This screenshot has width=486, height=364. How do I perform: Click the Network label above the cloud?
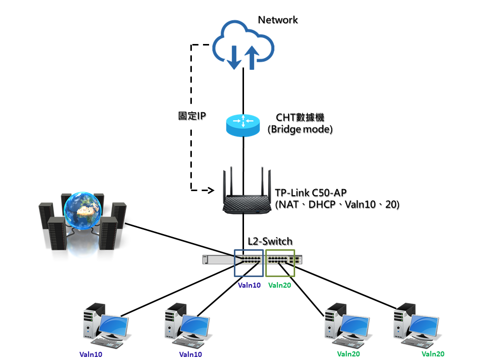[278, 20]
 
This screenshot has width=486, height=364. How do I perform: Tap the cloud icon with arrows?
[244, 45]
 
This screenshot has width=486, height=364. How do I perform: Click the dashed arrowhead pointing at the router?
[211, 191]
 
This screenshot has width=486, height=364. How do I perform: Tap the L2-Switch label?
[269, 242]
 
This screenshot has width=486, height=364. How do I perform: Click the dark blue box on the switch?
[249, 263]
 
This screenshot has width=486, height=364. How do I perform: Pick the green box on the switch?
[280, 263]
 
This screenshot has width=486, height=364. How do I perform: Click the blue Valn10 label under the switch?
[249, 285]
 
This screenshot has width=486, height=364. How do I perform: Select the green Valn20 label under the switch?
[279, 285]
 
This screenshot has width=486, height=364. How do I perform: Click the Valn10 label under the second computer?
[191, 354]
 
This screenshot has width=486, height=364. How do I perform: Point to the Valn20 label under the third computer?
[348, 354]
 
